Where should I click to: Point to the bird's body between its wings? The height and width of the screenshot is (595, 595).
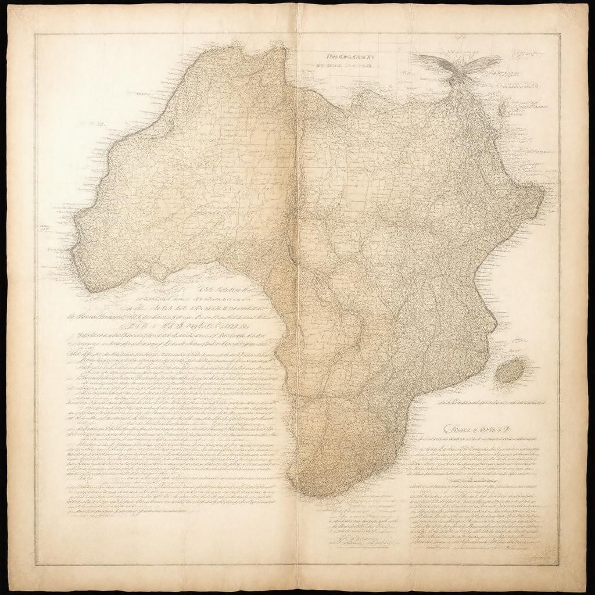tap(459, 73)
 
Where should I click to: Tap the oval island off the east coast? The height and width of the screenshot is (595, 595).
tap(511, 370)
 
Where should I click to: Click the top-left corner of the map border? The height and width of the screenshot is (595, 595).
tap(34, 34)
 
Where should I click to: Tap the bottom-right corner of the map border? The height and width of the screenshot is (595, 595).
tap(559, 565)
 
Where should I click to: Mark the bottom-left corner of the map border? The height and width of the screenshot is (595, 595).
tap(34, 565)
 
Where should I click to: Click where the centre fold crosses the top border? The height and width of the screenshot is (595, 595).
tap(297, 34)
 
